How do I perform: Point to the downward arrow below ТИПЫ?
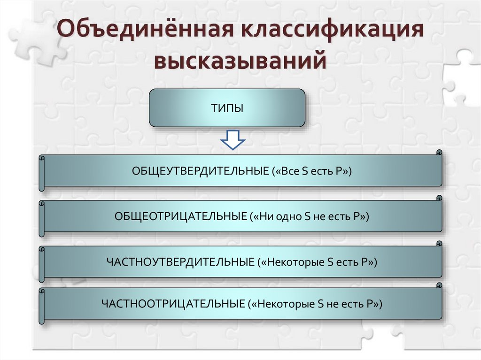coord(233,140)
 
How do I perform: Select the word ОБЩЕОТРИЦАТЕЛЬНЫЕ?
coord(181,217)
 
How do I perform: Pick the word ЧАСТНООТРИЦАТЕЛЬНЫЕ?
coord(174,304)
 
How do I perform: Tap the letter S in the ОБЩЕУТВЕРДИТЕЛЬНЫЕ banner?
coord(303,172)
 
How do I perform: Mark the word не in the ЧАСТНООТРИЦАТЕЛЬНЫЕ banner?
coord(334,304)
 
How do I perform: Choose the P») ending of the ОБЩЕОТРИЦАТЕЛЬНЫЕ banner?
coord(362,217)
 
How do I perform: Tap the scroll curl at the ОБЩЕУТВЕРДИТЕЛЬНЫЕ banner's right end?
coord(439,153)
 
